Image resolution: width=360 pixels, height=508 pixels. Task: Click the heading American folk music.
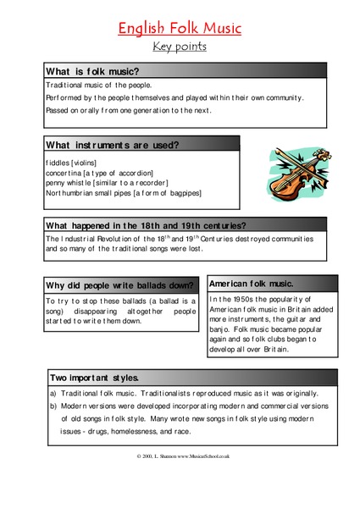pyautogui.click(x=251, y=283)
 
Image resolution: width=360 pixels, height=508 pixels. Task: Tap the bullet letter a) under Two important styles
pyautogui.click(x=51, y=394)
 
